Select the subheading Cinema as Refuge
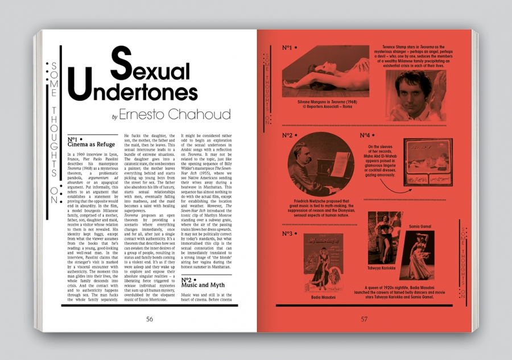tap(91, 145)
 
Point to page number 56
tap(149, 319)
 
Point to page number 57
tap(364, 319)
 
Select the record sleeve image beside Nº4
tap(428, 162)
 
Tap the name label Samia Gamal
tap(419, 226)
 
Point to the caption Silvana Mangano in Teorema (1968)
tap(325, 102)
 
